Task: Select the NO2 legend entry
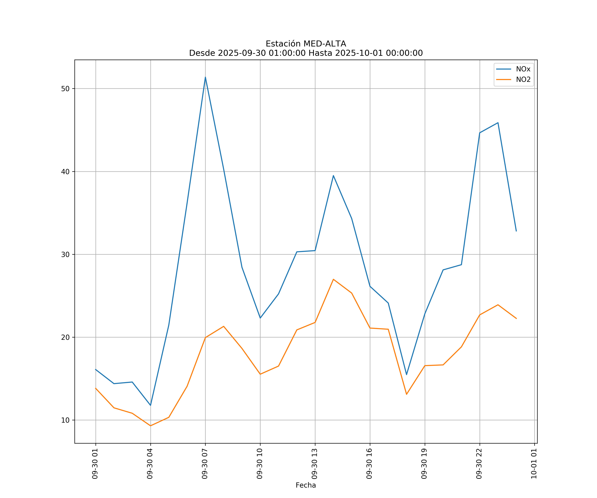[x=523, y=80]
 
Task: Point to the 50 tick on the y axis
[x=65, y=88]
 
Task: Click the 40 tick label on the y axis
[x=65, y=172]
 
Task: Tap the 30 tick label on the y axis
[x=65, y=254]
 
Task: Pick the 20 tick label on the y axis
[x=65, y=337]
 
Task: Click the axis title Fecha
[x=306, y=485]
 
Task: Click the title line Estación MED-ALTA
[x=306, y=44]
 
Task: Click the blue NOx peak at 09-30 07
[x=205, y=77]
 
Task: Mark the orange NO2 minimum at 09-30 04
[x=150, y=426]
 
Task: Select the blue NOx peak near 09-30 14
[x=333, y=176]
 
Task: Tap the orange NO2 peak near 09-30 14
[x=333, y=279]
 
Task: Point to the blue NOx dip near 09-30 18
[x=406, y=374]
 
